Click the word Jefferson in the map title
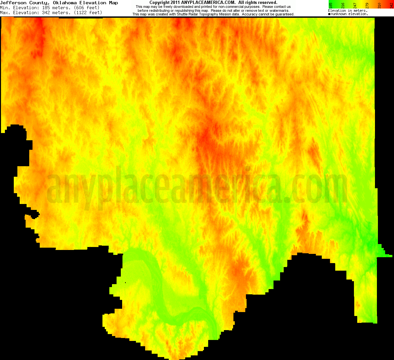point(13,3)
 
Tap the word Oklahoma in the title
point(65,3)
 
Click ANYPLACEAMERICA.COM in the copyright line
point(208,3)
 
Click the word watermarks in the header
point(279,11)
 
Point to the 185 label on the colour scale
point(331,5)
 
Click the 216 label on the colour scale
point(343,5)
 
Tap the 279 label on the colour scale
point(367,5)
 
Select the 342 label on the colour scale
point(391,5)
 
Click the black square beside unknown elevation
point(329,14)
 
